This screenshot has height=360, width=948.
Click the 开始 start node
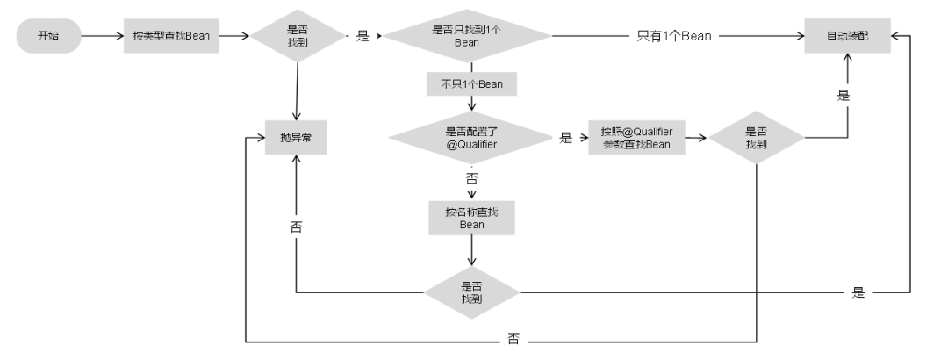[48, 37]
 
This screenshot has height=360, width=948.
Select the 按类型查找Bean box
[170, 37]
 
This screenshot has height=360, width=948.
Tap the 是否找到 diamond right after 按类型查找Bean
[298, 36]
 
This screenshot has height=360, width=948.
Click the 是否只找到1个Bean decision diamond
[468, 36]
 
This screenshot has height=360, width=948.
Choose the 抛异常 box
[297, 138]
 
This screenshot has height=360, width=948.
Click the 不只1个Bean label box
[471, 84]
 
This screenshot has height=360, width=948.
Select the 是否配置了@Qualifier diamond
[470, 138]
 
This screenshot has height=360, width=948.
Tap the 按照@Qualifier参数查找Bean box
[636, 138]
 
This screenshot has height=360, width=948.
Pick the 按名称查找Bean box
[471, 218]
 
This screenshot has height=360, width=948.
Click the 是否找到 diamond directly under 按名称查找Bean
[471, 292]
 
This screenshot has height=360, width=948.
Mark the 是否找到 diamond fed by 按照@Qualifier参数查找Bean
[756, 138]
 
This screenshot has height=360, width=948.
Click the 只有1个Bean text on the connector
[673, 37]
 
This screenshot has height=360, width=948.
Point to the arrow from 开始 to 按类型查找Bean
[101, 37]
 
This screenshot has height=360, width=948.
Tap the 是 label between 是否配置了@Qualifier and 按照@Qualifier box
[565, 138]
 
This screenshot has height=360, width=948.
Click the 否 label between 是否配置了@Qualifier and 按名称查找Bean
[471, 178]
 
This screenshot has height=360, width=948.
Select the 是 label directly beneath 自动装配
[844, 96]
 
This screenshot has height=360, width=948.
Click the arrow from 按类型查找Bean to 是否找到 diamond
[234, 37]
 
